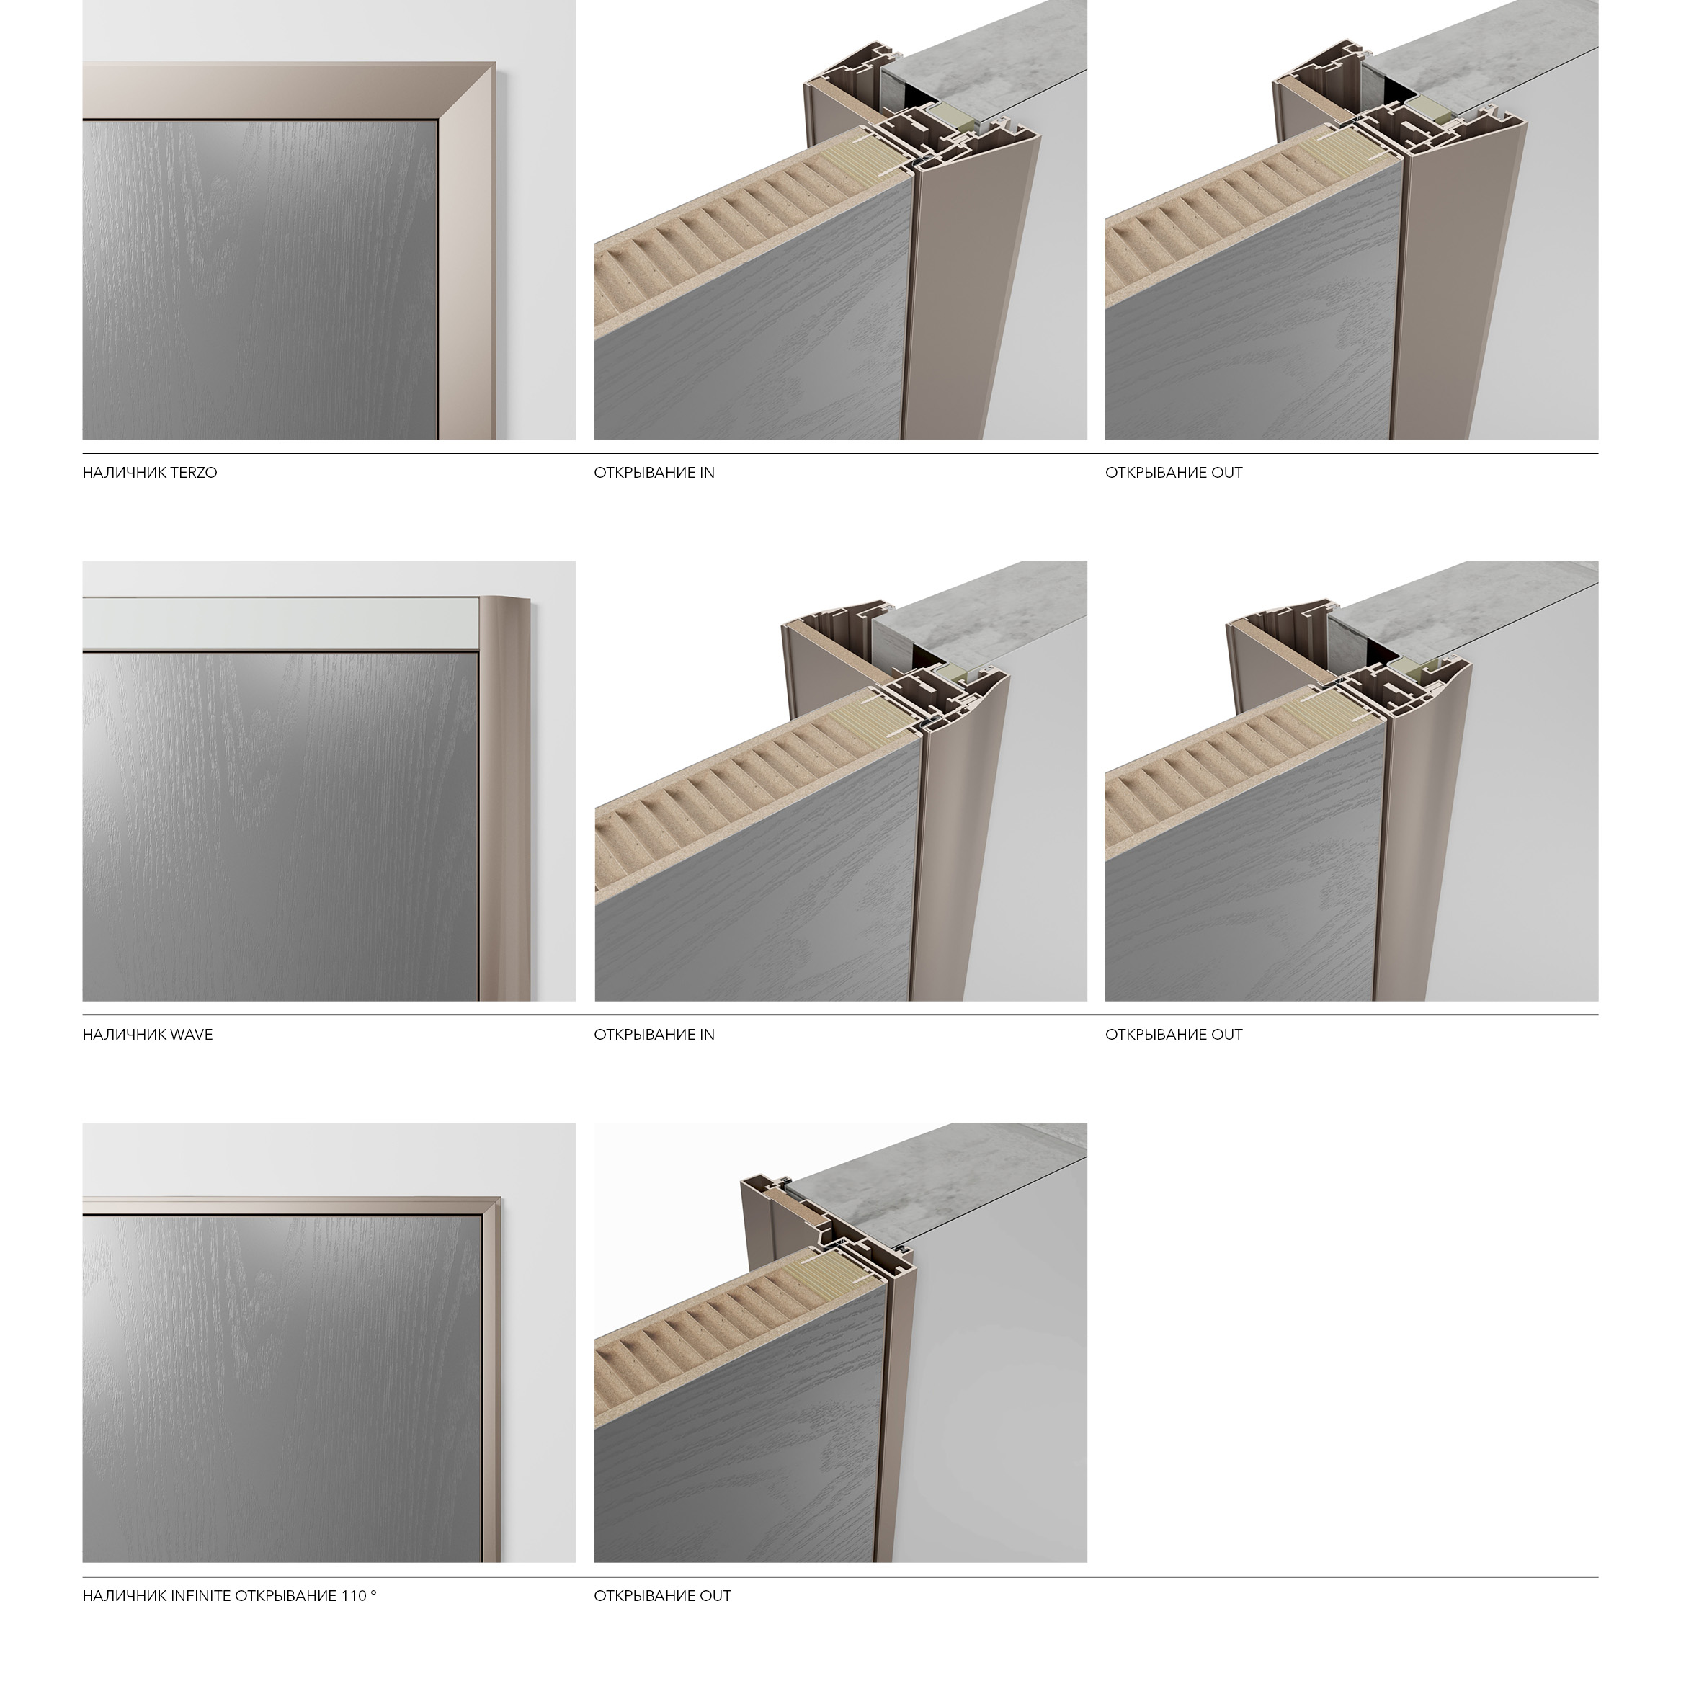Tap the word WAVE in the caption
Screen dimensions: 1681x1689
click(192, 1035)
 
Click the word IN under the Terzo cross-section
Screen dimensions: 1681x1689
click(707, 473)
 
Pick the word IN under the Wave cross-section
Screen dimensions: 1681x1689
click(707, 1035)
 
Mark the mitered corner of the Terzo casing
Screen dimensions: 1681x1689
click(467, 90)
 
